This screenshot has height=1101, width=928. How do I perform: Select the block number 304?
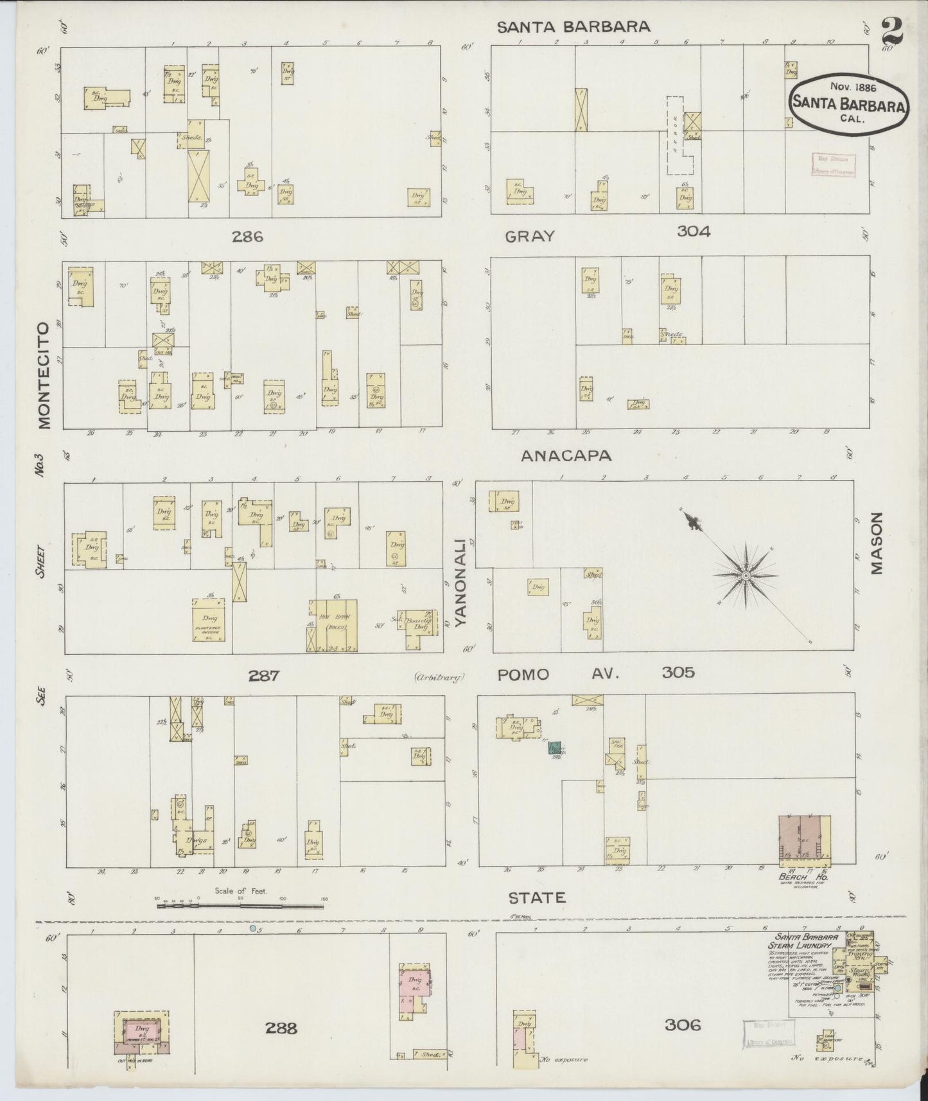pos(694,232)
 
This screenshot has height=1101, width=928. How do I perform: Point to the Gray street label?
pos(529,236)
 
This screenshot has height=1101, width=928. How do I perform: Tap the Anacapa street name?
pos(566,455)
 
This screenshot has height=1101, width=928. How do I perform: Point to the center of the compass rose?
pos(745,576)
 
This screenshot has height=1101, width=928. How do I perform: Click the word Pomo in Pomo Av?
pos(524,674)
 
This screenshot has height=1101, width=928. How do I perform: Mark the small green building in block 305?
pos(553,747)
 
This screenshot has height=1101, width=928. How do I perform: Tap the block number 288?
pos(281,1028)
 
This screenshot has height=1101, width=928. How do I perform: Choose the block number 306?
pos(682,1025)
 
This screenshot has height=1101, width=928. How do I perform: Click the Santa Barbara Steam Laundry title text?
pos(803,940)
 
